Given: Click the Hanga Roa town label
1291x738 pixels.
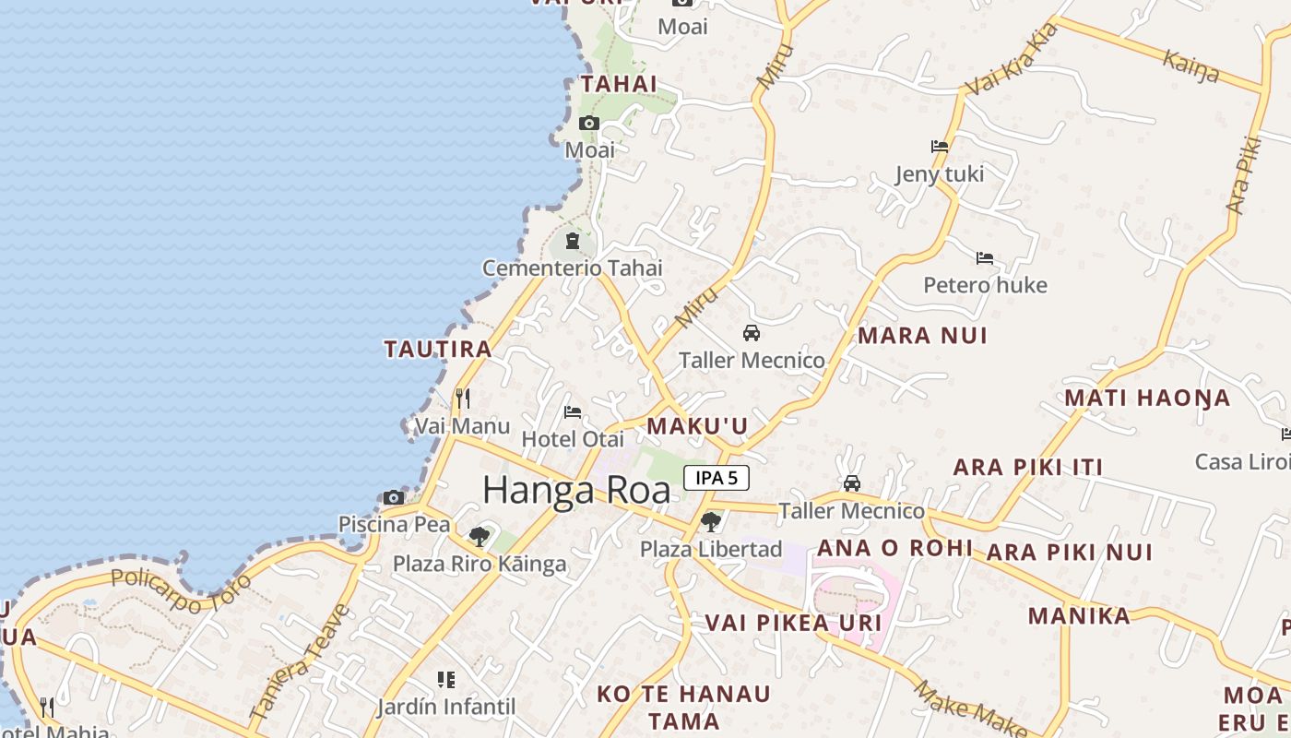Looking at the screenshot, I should [x=576, y=490].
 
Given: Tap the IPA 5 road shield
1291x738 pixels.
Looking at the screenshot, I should [x=717, y=478].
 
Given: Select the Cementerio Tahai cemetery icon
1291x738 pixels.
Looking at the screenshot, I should [x=573, y=242].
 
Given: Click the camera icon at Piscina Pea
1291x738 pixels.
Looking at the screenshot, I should [x=394, y=497].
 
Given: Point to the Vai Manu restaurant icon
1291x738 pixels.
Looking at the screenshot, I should [x=463, y=399].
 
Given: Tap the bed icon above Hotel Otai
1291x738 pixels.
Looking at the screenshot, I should [x=573, y=411].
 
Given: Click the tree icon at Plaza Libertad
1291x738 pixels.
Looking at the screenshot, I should [x=710, y=522].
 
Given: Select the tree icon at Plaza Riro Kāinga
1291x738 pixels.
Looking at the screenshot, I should [x=479, y=536].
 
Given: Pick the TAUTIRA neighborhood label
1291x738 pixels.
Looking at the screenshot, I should [x=438, y=349].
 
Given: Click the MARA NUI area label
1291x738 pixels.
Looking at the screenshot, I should [x=922, y=336].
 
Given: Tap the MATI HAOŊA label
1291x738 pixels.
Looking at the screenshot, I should [x=1147, y=399].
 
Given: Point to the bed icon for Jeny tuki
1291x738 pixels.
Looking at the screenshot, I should [x=940, y=146].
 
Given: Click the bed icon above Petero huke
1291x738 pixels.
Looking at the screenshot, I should [x=985, y=258].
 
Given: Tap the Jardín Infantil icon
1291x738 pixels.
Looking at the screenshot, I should [x=446, y=680].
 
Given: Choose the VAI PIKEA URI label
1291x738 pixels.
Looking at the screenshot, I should [x=794, y=623].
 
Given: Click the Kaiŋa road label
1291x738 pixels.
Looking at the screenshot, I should [x=1191, y=67].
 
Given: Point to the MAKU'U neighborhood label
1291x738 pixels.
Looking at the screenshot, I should [x=697, y=426].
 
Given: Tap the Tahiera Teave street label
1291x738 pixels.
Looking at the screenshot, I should [x=301, y=661].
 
